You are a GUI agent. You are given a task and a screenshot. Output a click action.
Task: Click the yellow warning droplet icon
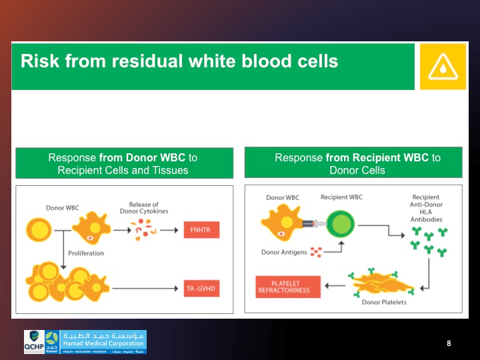pos(443,66)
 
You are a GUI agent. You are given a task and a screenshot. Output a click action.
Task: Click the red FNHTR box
pos(201,230)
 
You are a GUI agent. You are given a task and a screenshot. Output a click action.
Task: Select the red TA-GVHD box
pos(201,288)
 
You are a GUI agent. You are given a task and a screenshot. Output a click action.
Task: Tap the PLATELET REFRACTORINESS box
pos(288,287)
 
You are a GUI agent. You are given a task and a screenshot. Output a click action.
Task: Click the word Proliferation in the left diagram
pos(86,253)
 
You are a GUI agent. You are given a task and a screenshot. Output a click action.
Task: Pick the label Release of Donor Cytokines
pos(143,208)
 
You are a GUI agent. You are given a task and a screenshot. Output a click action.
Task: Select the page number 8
pos(449,343)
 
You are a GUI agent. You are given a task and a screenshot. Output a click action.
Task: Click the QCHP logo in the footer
pos(35,341)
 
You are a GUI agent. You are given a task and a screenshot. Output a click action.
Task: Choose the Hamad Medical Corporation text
pos(103,343)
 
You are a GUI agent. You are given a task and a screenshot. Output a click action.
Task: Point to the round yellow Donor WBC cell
pos(37,230)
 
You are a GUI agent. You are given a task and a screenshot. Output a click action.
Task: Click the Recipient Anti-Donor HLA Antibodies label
pos(426,208)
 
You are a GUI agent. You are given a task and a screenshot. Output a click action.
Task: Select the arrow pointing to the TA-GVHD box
pos(147,288)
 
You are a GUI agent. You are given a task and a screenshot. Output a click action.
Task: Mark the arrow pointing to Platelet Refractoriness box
pos(335,287)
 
